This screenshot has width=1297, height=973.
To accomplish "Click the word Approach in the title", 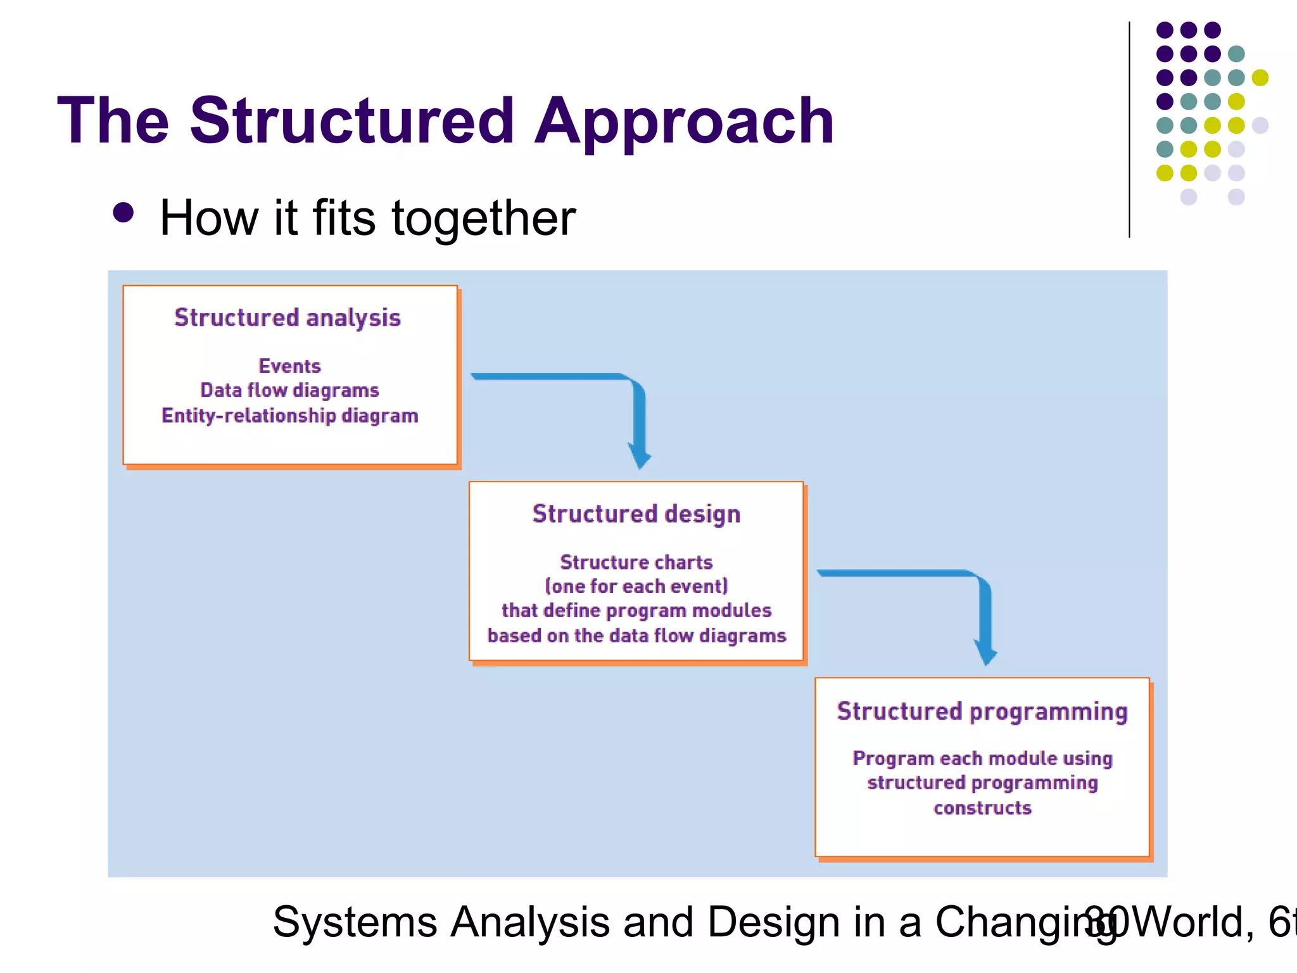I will click(x=684, y=122).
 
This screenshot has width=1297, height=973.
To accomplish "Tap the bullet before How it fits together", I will click(x=123, y=213).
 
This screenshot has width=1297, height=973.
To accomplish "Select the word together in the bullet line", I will click(x=484, y=219).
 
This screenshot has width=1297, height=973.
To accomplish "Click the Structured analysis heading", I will click(x=288, y=317).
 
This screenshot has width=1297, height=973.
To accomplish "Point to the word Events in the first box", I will click(x=289, y=366).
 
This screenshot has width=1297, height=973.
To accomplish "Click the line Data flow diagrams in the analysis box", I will click(x=289, y=390).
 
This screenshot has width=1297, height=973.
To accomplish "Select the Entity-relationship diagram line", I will click(x=289, y=416).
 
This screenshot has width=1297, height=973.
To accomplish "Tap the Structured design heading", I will click(x=636, y=514).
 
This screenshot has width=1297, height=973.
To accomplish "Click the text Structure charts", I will click(x=636, y=562).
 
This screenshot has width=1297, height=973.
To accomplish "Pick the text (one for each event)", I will click(x=636, y=586).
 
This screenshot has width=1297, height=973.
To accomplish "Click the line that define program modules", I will click(x=636, y=610).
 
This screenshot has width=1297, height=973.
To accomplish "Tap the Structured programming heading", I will click(x=982, y=711).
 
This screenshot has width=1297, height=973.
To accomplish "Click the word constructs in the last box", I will click(x=982, y=808).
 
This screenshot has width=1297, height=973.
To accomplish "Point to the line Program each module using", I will click(x=982, y=758).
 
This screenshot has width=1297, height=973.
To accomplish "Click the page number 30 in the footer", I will click(x=1106, y=922).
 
